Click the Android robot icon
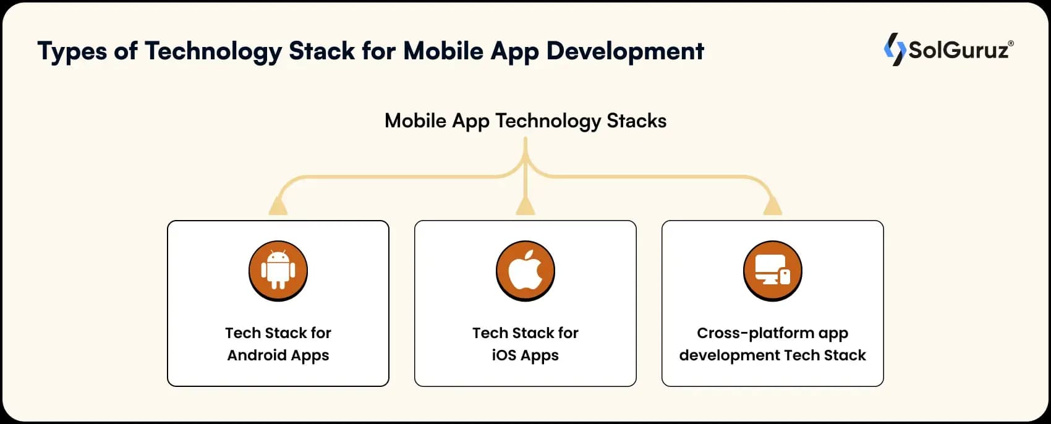[278, 271]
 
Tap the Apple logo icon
[525, 271]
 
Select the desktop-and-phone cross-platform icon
[773, 271]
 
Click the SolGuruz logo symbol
[894, 49]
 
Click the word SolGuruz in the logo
[958, 50]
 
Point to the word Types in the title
[72, 51]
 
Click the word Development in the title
[625, 51]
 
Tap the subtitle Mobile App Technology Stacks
[525, 121]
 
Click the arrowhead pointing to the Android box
[278, 206]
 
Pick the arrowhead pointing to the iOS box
[525, 206]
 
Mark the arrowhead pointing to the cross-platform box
[772, 206]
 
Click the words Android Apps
[278, 355]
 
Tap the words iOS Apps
[525, 355]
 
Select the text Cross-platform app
[772, 333]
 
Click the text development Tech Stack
[772, 355]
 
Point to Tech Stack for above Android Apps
[278, 333]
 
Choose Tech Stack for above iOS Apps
[525, 333]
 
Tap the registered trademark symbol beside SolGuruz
[1011, 43]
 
